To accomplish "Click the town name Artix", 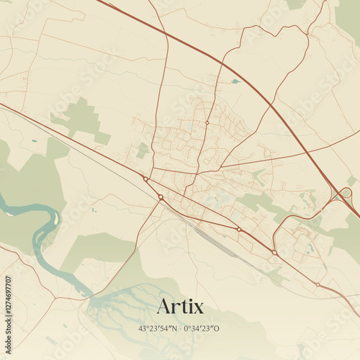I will tap(180, 306).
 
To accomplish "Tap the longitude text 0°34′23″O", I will tap(202, 328).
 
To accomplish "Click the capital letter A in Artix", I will tap(163, 306).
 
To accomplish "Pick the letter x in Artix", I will tap(197, 307).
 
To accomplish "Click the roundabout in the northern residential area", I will tap(207, 123).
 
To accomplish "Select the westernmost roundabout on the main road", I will tap(145, 179).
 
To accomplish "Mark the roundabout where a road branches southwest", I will tap(161, 197).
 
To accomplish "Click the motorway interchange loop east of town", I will tap(346, 193).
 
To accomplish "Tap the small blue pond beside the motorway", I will tap(235, 81).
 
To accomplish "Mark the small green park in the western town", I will tap(143, 150).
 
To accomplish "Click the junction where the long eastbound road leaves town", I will tap(220, 167).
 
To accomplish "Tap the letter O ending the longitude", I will tap(217, 328).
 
